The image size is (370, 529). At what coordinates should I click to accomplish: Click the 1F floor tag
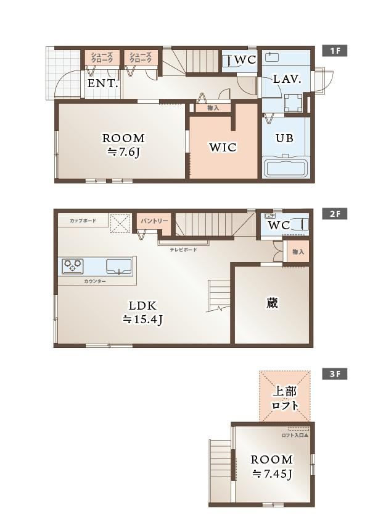click(334, 51)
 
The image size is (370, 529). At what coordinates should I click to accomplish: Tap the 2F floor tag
click(334, 214)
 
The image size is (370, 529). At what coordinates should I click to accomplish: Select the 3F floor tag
click(334, 374)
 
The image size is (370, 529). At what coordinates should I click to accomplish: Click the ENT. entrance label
click(103, 83)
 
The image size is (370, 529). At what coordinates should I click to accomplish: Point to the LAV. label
click(287, 79)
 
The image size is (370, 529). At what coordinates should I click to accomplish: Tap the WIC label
click(223, 147)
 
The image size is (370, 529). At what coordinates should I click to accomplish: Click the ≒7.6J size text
click(123, 152)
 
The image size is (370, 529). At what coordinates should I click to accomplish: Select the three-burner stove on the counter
click(72, 266)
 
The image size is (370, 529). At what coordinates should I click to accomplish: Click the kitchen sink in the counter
click(119, 266)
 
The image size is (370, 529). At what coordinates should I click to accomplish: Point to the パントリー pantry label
click(154, 221)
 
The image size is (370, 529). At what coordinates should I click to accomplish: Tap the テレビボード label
click(183, 250)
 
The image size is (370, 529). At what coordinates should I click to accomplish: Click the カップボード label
click(83, 221)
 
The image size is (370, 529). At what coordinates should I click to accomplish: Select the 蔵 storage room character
click(272, 303)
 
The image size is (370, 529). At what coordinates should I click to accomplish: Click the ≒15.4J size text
click(142, 319)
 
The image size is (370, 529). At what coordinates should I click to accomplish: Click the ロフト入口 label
click(295, 435)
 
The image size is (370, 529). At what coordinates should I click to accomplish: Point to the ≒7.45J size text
click(272, 474)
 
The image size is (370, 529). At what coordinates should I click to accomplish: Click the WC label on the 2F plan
click(279, 225)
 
